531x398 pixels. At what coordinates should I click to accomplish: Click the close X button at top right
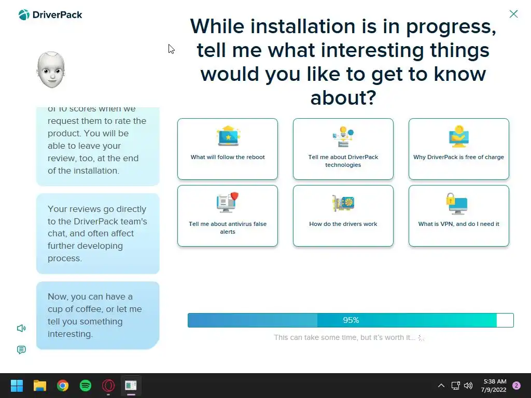pyautogui.click(x=513, y=14)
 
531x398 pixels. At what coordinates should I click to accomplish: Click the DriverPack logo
pyautogui.click(x=50, y=15)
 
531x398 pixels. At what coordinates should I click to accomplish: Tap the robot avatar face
pyautogui.click(x=51, y=70)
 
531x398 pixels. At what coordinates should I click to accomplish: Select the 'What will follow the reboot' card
pyautogui.click(x=228, y=149)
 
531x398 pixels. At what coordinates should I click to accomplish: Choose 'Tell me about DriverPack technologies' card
pyautogui.click(x=343, y=149)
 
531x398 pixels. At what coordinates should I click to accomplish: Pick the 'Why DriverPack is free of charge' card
pyautogui.click(x=458, y=149)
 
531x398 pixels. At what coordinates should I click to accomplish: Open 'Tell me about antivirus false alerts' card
pyautogui.click(x=228, y=216)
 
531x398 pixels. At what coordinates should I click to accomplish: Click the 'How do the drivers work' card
pyautogui.click(x=343, y=216)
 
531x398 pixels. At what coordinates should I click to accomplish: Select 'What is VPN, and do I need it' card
pyautogui.click(x=458, y=216)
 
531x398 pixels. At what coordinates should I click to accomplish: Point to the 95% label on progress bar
pyautogui.click(x=351, y=320)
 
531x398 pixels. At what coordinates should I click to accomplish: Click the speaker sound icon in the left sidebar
pyautogui.click(x=21, y=328)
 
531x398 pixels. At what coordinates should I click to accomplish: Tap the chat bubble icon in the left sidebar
pyautogui.click(x=21, y=350)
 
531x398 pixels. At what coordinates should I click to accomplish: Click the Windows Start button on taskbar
pyautogui.click(x=17, y=386)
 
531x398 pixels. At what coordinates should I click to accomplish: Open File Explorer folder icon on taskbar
pyautogui.click(x=39, y=386)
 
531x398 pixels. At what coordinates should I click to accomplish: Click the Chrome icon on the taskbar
pyautogui.click(x=63, y=386)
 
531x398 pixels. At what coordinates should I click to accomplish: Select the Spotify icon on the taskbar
pyautogui.click(x=86, y=386)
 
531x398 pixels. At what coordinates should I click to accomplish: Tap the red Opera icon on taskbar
pyautogui.click(x=108, y=386)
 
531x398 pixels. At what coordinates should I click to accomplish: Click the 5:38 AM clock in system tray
pyautogui.click(x=495, y=381)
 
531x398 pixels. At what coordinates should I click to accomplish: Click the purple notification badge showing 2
pyautogui.click(x=516, y=386)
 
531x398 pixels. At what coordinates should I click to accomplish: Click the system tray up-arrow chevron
pyautogui.click(x=441, y=386)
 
